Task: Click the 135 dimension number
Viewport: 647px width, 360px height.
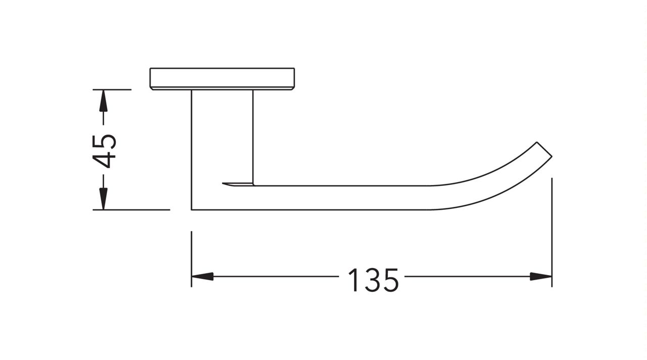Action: (x=373, y=280)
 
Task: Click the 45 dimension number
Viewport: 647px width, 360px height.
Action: (x=105, y=151)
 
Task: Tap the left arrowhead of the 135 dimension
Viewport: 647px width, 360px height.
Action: (x=202, y=277)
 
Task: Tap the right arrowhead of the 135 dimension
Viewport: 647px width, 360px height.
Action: (x=541, y=277)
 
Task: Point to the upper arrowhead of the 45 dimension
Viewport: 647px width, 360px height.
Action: (x=103, y=101)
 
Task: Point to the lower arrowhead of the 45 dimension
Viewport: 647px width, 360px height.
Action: (x=103, y=199)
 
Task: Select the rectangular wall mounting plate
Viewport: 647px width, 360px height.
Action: (x=222, y=78)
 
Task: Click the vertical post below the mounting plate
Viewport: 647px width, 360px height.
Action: (x=222, y=137)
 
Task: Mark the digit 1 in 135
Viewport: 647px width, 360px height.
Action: (x=354, y=280)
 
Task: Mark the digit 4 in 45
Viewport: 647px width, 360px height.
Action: (x=105, y=160)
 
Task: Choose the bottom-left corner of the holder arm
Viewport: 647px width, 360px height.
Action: (x=193, y=208)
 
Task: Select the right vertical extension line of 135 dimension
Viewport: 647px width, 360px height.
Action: (x=551, y=233)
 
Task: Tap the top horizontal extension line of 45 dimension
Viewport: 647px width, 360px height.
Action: (x=112, y=89)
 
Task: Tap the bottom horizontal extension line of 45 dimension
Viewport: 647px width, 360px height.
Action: (x=131, y=209)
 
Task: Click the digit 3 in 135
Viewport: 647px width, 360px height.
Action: (x=373, y=280)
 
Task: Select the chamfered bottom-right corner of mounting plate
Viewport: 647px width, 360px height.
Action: (x=293, y=88)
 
